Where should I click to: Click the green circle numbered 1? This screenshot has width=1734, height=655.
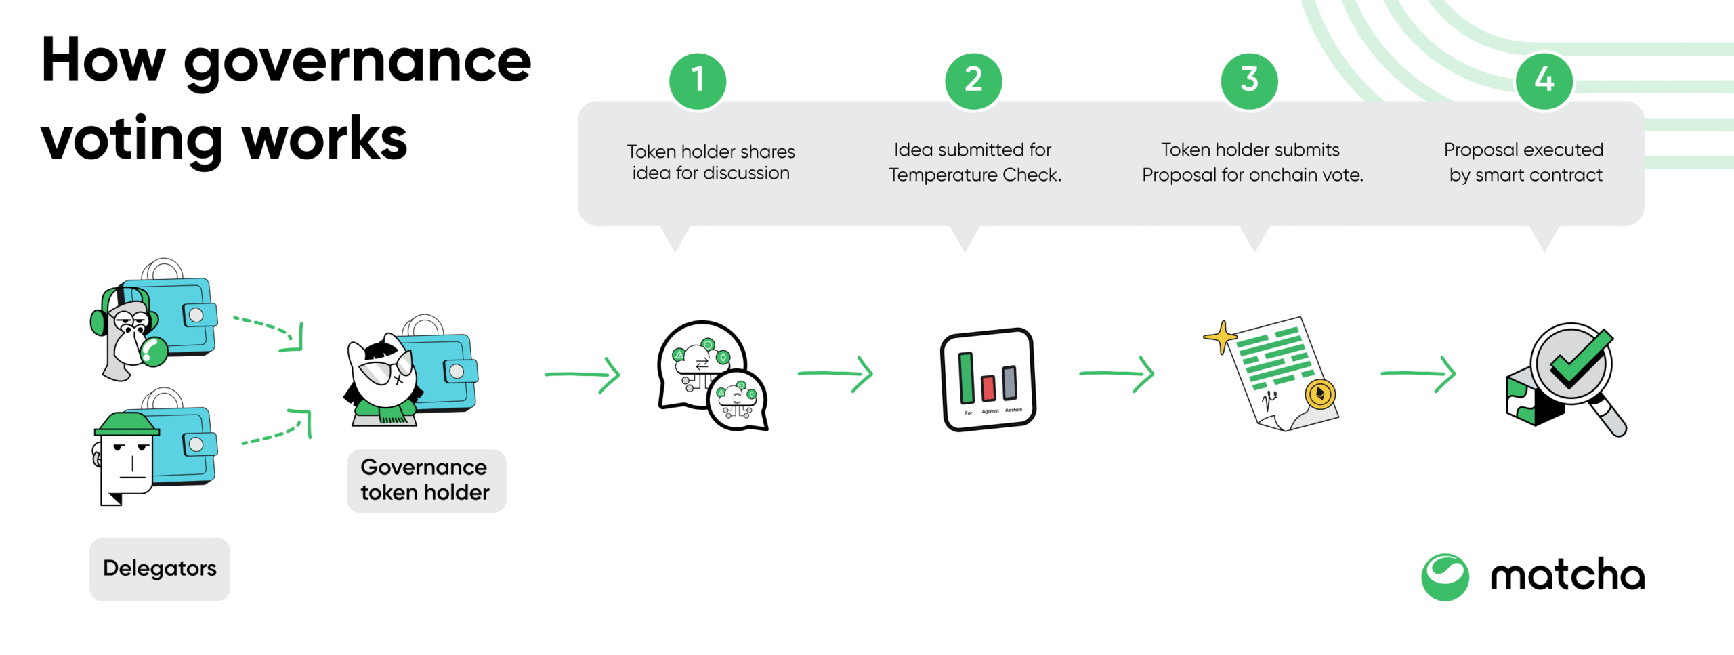tap(698, 81)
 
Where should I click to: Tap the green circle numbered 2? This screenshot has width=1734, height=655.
tap(973, 81)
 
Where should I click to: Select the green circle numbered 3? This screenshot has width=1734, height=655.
tap(1249, 81)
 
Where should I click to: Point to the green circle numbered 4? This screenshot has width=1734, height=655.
tap(1544, 81)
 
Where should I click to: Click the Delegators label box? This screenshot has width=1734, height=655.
tap(160, 569)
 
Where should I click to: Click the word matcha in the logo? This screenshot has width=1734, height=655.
tap(1567, 576)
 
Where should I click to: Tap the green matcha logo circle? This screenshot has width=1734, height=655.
tap(1445, 577)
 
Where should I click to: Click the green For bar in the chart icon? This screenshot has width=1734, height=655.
tap(967, 377)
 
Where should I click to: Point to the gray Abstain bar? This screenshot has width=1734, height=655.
tap(1009, 382)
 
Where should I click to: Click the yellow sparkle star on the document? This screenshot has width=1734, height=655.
tap(1221, 336)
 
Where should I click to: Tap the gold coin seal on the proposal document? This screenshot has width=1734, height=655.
tap(1319, 394)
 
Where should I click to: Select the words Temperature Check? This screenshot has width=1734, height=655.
tap(975, 175)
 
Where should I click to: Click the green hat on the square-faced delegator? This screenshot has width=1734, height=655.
tap(127, 425)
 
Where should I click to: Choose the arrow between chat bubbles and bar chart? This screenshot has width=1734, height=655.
tap(835, 373)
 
